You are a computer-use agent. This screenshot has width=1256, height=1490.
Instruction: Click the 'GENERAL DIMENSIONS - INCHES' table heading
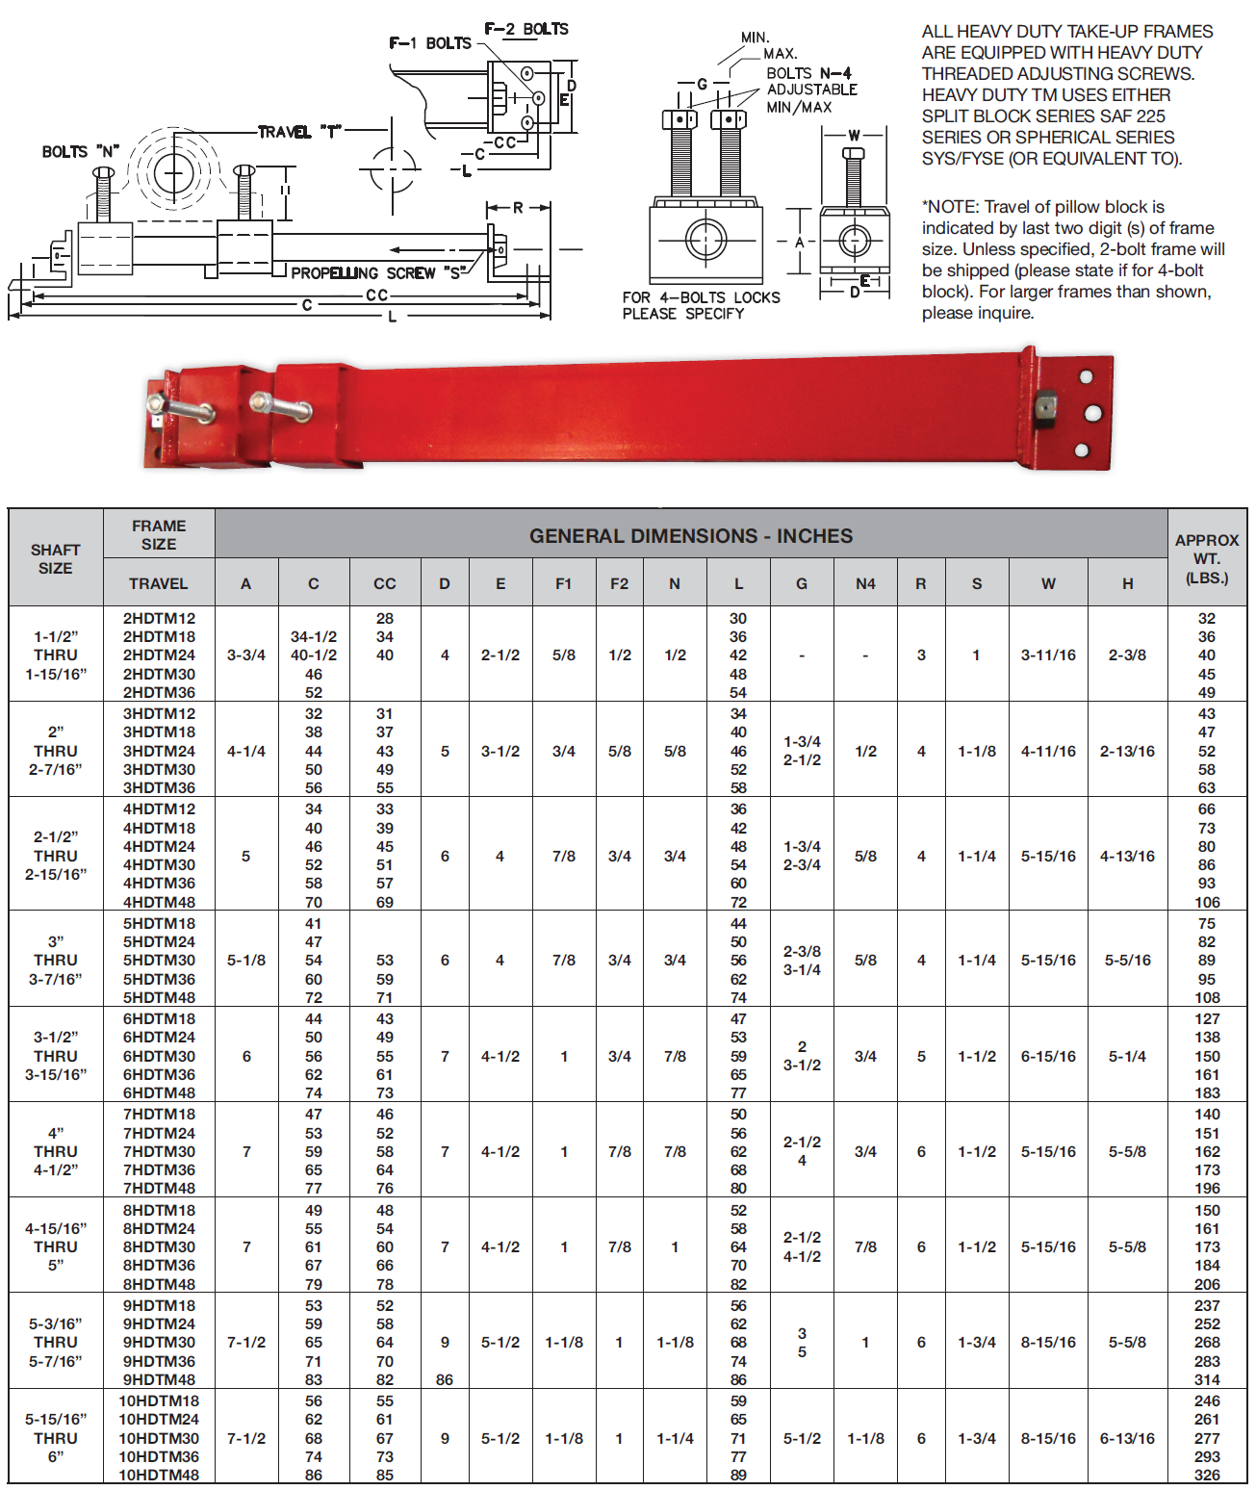690,536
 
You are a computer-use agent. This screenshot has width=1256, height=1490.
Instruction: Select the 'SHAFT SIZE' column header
55,559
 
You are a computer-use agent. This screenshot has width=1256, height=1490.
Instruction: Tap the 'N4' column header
865,583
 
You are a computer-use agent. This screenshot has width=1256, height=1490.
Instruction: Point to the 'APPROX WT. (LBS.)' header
1207,559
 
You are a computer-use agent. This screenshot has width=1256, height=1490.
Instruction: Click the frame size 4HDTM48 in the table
159,902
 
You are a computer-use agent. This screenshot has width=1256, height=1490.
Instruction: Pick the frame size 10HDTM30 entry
159,1438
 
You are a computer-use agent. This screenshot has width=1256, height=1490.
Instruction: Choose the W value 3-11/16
1048,655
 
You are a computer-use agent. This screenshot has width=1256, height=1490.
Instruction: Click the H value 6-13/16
1127,1438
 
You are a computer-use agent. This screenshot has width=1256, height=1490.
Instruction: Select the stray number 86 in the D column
445,1379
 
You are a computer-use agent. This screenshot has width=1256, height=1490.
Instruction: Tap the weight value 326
1207,1475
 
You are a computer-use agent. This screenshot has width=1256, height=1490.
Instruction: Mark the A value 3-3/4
246,655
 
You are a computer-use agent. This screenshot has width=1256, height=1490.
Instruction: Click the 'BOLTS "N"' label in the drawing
80,152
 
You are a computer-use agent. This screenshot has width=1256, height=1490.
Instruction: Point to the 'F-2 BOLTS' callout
526,29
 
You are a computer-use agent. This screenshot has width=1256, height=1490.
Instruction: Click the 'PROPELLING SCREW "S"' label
377,273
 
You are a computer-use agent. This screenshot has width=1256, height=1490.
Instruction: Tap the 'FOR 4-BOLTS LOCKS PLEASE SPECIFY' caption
701,305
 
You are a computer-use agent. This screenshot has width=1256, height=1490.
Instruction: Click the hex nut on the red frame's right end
1046,409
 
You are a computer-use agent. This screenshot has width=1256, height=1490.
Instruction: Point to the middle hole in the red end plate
1092,413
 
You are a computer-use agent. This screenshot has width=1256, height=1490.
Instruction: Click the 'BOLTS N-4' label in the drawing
808,73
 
